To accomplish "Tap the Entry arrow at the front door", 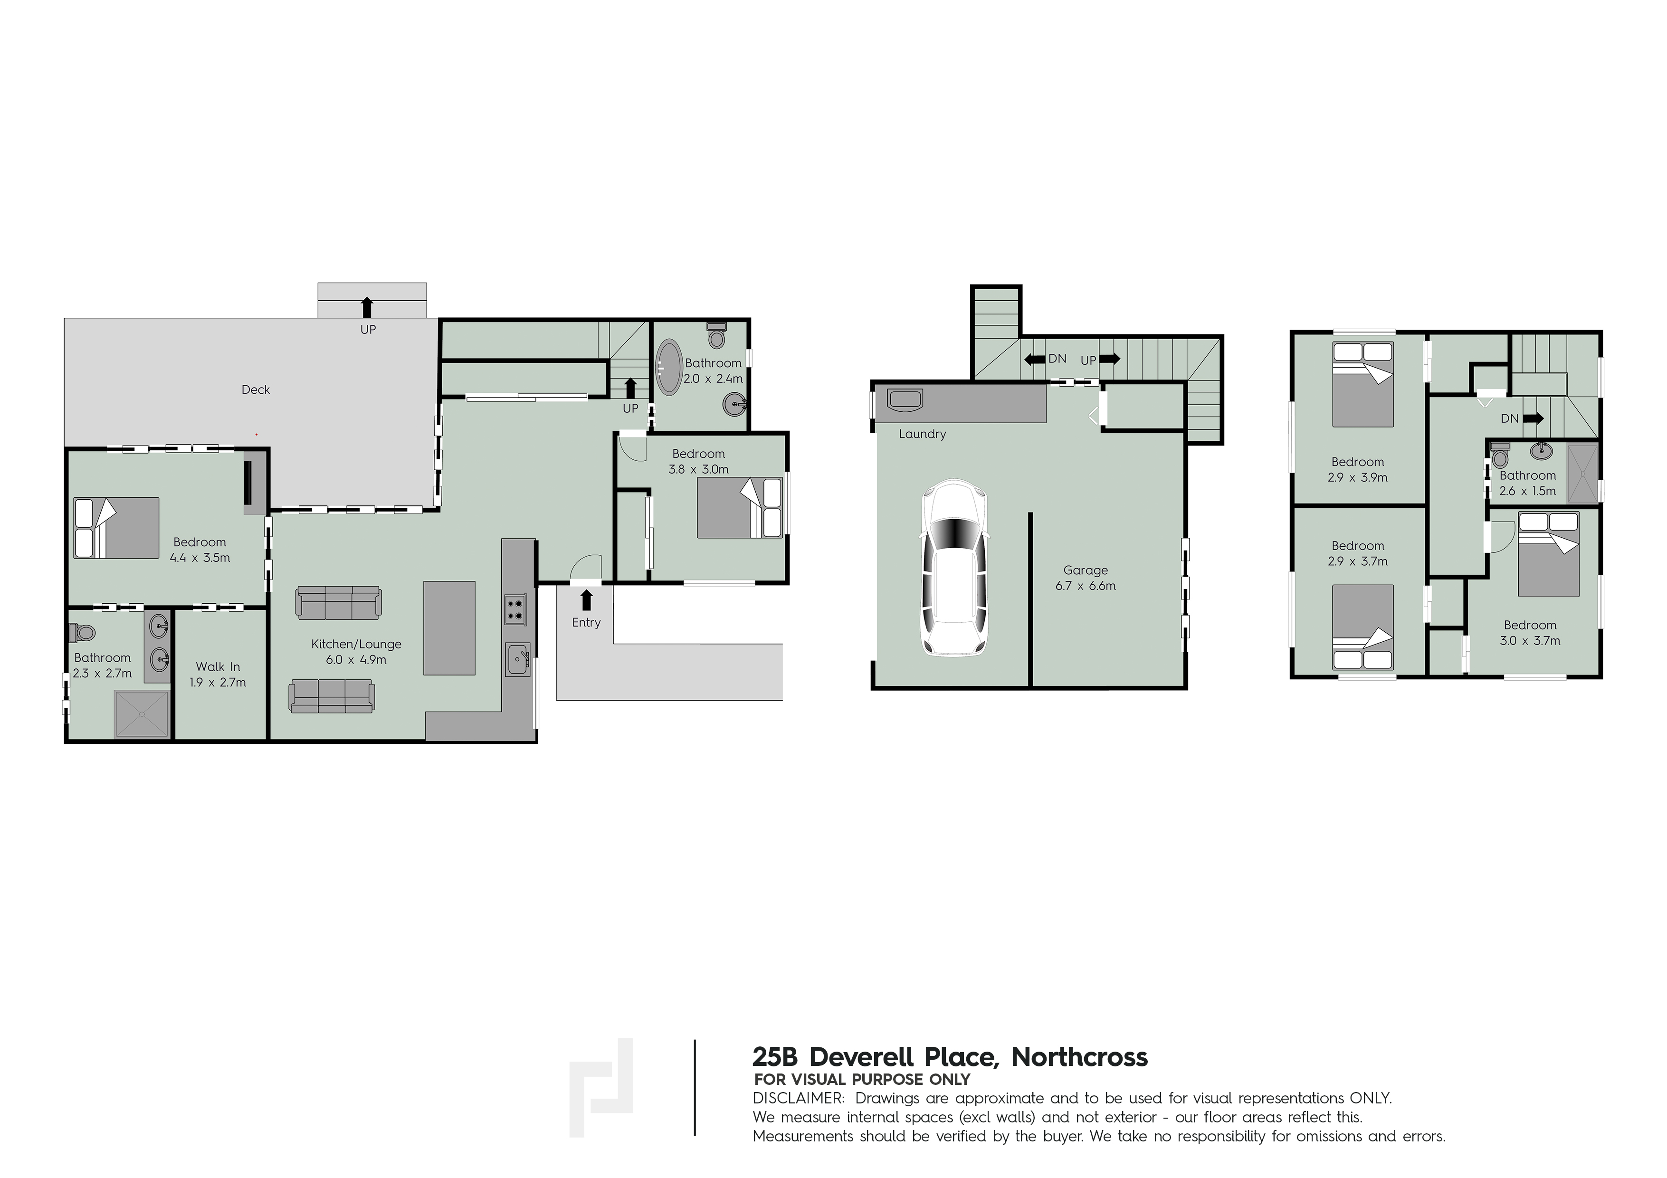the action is [x=586, y=599].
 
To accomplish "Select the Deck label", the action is [x=256, y=390].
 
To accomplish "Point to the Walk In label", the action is [x=218, y=667].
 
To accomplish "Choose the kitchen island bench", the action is [x=449, y=628].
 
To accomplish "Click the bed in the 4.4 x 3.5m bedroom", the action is [x=116, y=528].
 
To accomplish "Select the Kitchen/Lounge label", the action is [x=356, y=645].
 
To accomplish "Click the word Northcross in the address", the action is [x=1080, y=1057].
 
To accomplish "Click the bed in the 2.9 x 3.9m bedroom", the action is [x=1363, y=384].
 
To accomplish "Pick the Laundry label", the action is [x=922, y=434].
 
